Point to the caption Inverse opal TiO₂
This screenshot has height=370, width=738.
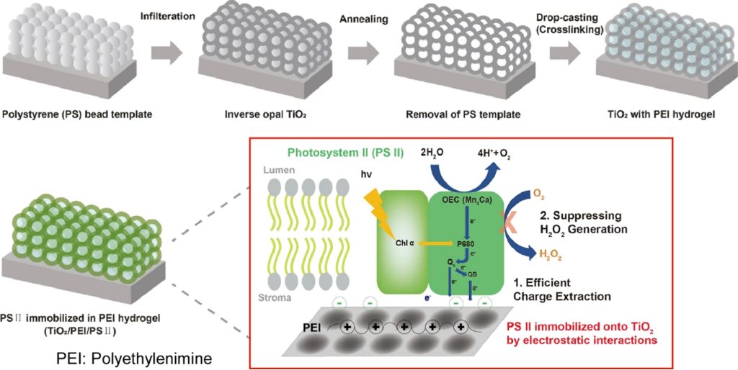point(257,114)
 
